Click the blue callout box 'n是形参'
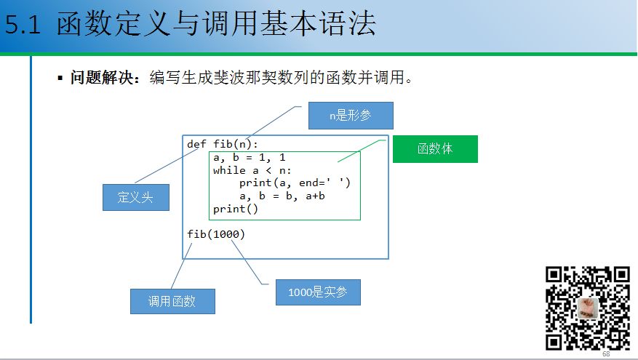(351, 116)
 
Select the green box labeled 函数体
(435, 148)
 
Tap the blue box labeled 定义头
(135, 196)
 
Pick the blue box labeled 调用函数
(172, 301)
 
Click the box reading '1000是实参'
(318, 292)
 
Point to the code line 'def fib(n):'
(223, 144)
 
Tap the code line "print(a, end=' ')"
(295, 183)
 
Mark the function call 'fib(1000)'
(216, 234)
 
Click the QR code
(587, 308)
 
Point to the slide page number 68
(606, 354)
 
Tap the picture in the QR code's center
(587, 308)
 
